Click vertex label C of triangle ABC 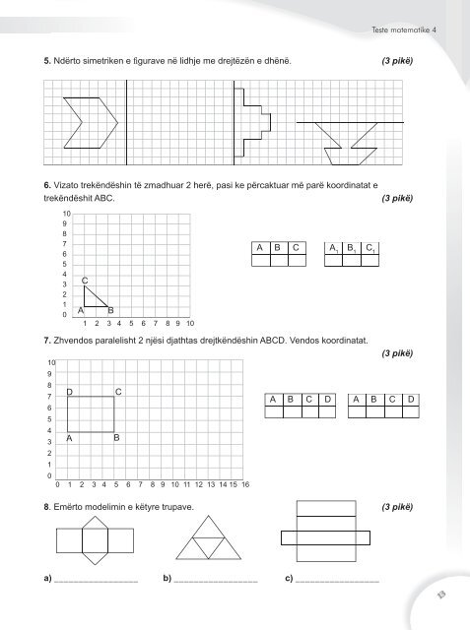[x=86, y=281]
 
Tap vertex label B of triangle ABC [x=110, y=311]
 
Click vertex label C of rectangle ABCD [x=118, y=393]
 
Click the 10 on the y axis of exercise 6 [x=65, y=213]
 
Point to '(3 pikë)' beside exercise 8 [x=396, y=508]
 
